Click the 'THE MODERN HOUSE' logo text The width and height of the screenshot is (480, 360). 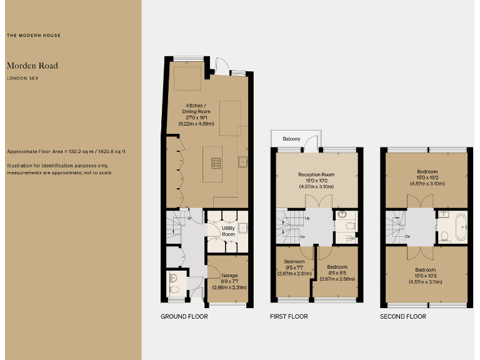pos(34,36)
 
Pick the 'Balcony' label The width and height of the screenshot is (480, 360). pos(291,139)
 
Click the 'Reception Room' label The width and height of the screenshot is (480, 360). pos(316,174)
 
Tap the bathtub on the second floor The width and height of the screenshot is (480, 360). pos(461,226)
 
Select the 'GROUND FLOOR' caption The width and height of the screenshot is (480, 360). pos(184,317)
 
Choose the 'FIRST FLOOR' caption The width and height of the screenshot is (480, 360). pos(289,317)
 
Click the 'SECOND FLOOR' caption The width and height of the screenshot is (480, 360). pos(403,317)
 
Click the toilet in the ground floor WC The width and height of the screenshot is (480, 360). pos(175,289)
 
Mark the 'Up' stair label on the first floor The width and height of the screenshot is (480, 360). pos(308,218)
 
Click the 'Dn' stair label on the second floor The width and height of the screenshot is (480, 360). pos(407,237)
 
